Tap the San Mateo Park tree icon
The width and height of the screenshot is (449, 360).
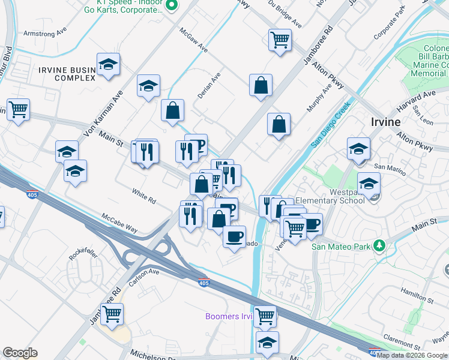pyautogui.click(x=379, y=245)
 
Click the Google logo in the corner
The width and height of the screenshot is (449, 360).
pyautogui.click(x=20, y=353)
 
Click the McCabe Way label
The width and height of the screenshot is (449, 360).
pyautogui.click(x=119, y=223)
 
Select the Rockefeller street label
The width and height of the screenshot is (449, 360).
pyautogui.click(x=83, y=249)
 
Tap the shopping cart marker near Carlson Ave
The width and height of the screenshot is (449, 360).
pyautogui.click(x=112, y=313)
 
